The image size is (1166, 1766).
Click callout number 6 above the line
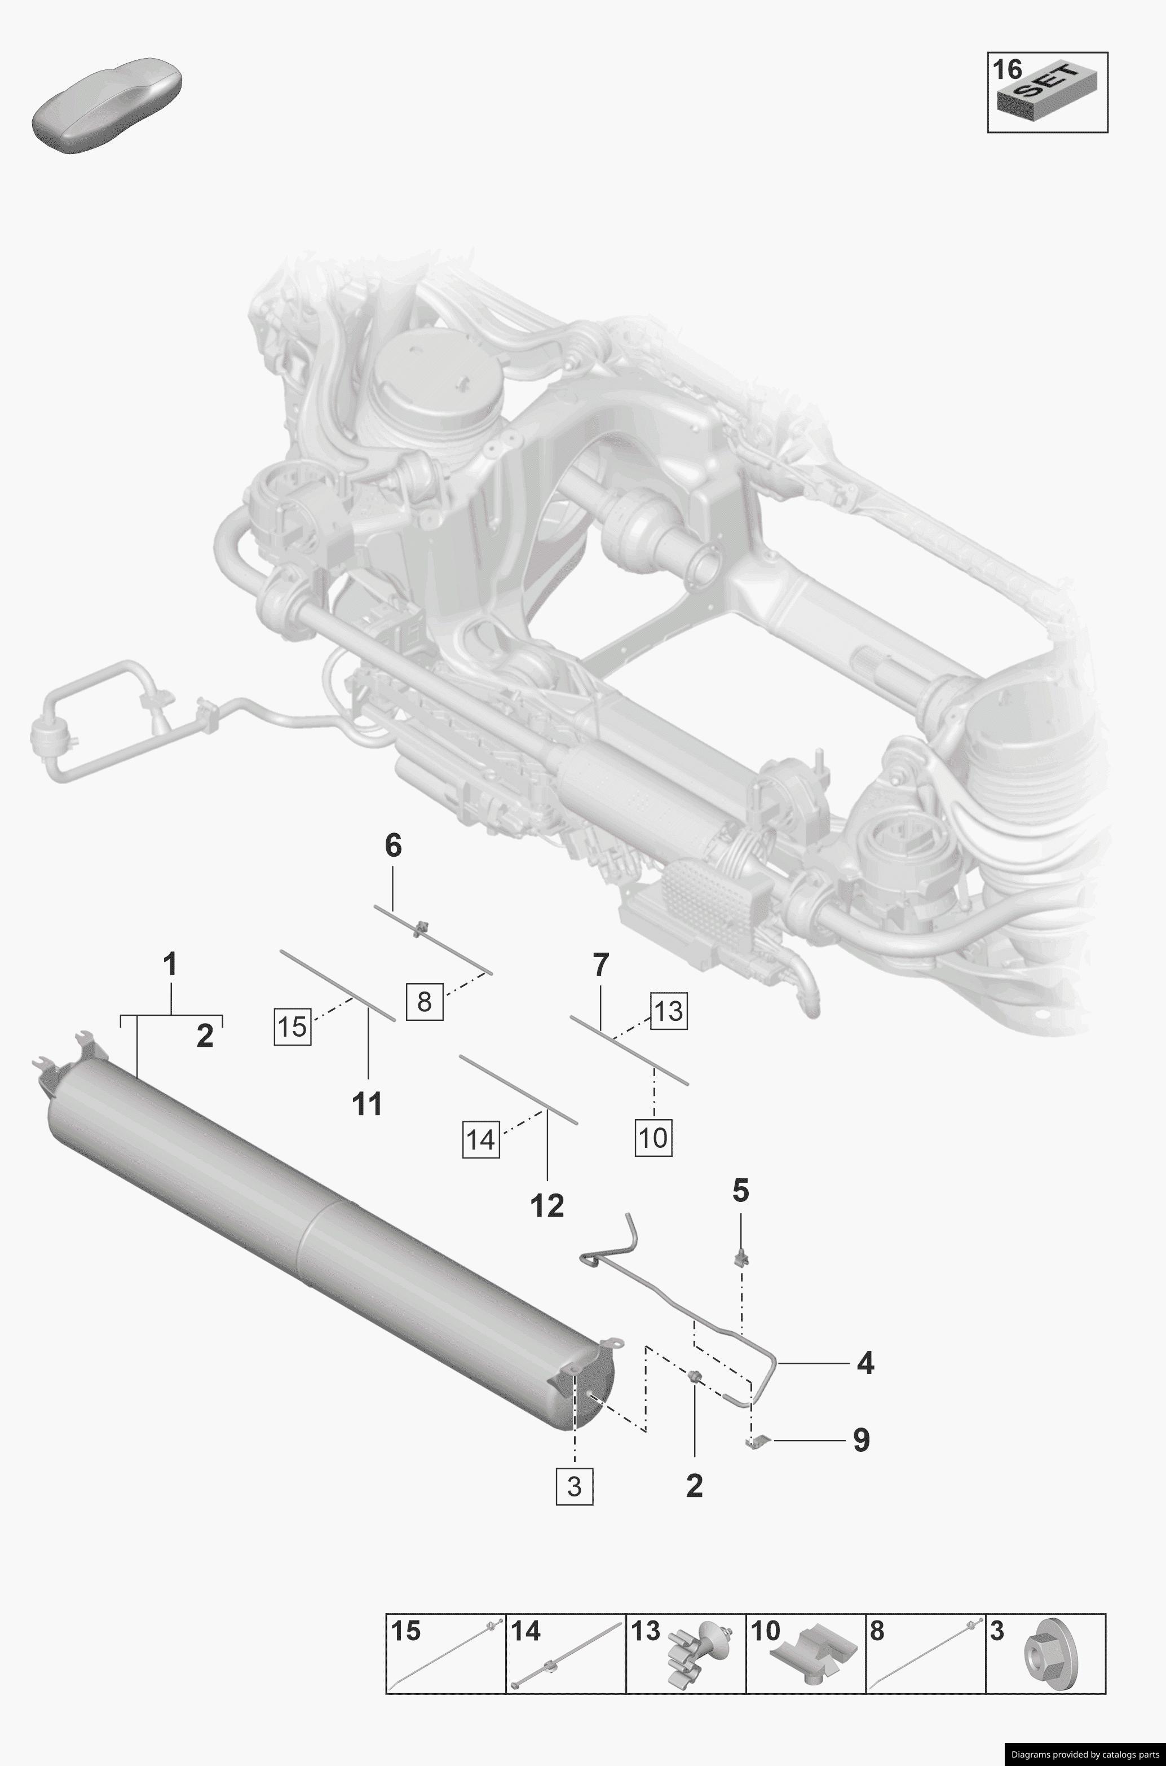tap(392, 846)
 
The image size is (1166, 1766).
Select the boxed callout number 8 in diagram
tap(425, 1001)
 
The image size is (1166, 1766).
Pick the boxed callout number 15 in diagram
tap(292, 1026)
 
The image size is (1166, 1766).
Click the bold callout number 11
tap(366, 1104)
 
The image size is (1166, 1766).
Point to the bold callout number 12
tap(547, 1206)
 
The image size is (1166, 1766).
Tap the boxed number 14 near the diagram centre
tap(480, 1139)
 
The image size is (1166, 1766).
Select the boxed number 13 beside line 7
tap(669, 1010)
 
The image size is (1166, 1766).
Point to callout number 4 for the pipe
tap(865, 1363)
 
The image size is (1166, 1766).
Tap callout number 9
tap(861, 1439)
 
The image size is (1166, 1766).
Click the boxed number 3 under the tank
tap(574, 1486)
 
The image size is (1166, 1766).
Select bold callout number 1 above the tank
tap(170, 965)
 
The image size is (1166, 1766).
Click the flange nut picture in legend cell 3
tap(1046, 1657)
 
